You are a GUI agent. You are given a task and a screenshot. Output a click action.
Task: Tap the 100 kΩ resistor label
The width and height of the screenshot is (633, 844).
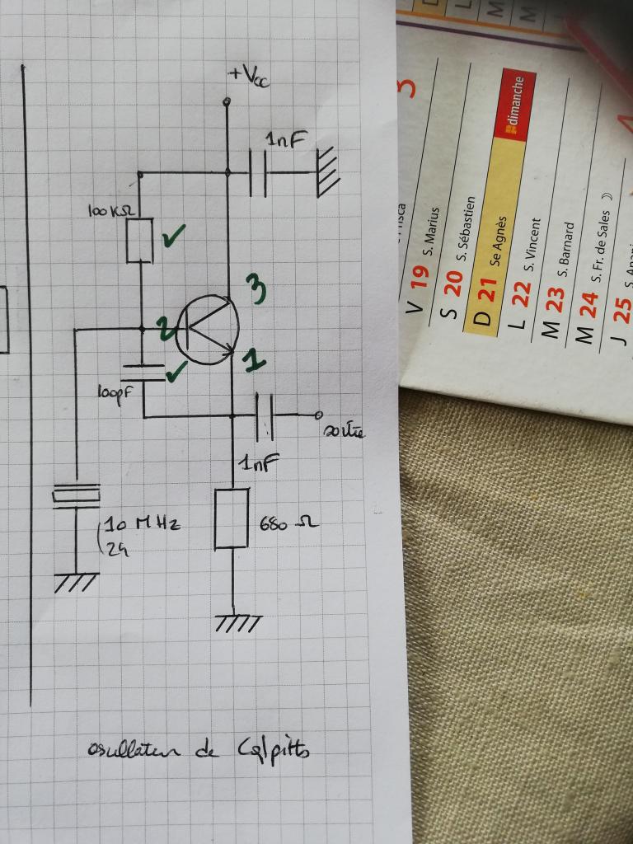point(111,212)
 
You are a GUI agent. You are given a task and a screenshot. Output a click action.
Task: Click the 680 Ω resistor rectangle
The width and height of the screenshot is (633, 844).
point(232,518)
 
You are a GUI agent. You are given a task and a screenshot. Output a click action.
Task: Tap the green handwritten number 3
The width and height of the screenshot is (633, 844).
point(257,290)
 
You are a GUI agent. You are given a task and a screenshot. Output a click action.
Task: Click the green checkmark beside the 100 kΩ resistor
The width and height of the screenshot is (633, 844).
point(174,237)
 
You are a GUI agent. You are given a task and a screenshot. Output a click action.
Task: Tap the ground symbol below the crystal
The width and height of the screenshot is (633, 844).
point(75,583)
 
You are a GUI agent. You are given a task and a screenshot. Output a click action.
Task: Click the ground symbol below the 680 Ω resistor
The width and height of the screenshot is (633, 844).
point(237,623)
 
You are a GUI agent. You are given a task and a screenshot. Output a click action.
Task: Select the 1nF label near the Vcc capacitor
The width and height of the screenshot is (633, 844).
point(284,141)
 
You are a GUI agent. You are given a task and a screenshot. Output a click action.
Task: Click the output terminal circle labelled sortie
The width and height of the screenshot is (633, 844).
point(318,414)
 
